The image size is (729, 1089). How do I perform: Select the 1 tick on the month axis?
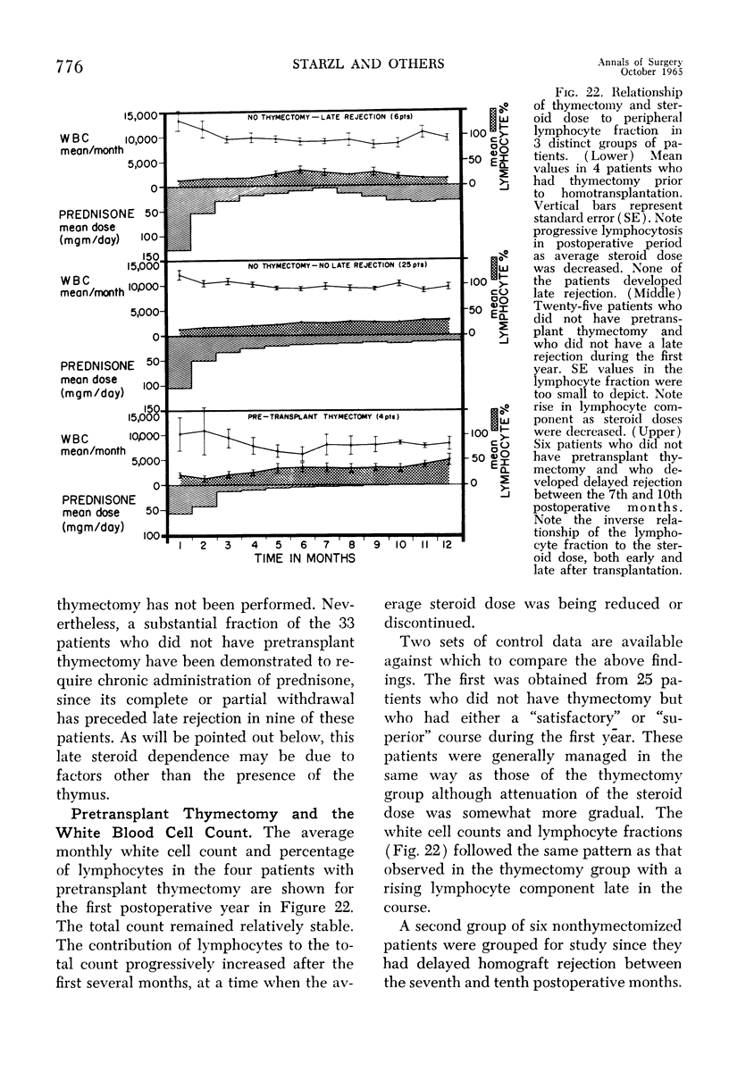click(181, 544)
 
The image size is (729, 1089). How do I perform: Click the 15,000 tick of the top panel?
click(141, 114)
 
